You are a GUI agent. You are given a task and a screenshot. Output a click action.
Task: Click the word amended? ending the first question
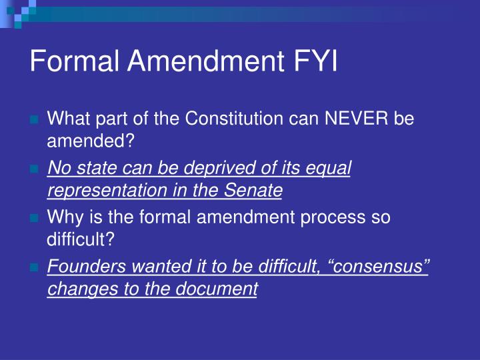pos(91,141)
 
